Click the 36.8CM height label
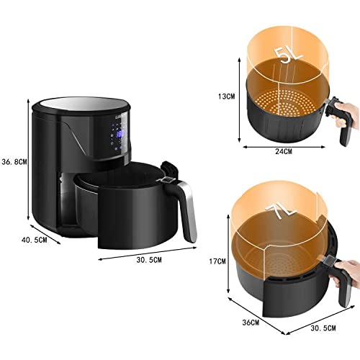[x=14, y=162]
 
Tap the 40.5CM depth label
[x=35, y=240]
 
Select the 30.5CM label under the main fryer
[x=149, y=260]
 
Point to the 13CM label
[x=227, y=96]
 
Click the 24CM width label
[x=283, y=151]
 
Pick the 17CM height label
[x=217, y=261]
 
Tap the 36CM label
[x=251, y=323]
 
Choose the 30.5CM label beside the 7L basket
[x=323, y=328]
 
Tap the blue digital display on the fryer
[x=120, y=134]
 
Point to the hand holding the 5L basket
[x=344, y=114]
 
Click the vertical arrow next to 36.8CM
[x=28, y=159]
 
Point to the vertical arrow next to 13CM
[x=239, y=99]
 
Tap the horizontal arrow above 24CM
[x=284, y=147]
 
